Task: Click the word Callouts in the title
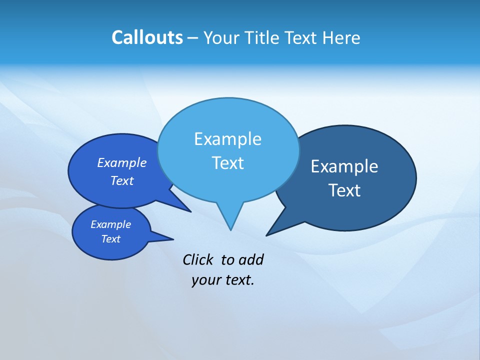[x=147, y=37]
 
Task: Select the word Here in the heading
[x=341, y=37]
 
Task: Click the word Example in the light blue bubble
[x=227, y=139]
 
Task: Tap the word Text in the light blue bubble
[x=227, y=163]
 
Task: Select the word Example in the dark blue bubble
[x=344, y=166]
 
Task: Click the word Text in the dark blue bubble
[x=344, y=190]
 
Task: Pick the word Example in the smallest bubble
[x=110, y=224]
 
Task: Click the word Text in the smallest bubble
[x=110, y=239]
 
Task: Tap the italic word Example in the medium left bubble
[x=121, y=163]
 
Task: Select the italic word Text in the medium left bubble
[x=121, y=181]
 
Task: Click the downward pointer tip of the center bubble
[x=230, y=229]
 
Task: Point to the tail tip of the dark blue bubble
[x=266, y=235]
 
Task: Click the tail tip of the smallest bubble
[x=173, y=238]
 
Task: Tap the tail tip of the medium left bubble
[x=190, y=211]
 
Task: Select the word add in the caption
[x=250, y=260]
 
